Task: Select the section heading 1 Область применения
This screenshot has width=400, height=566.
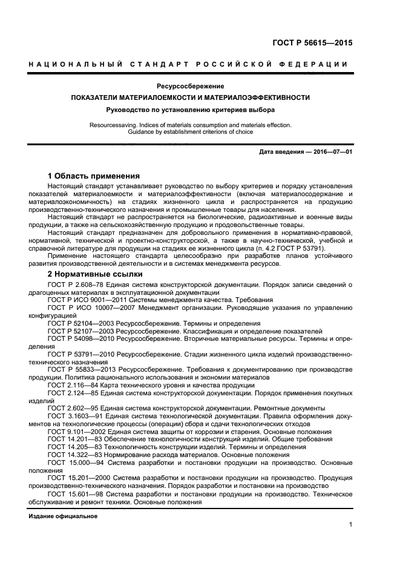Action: (x=94, y=176)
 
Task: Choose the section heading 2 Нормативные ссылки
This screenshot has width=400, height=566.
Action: (x=94, y=274)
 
